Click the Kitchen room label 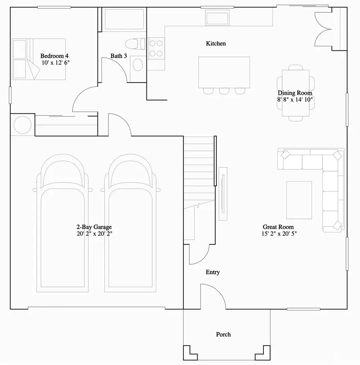tap(216, 43)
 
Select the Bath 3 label tap(119, 56)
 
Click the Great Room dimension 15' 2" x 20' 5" tap(278, 234)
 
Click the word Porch tap(223, 334)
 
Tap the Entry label tap(213, 272)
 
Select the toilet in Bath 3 tap(135, 43)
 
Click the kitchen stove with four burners tap(156, 48)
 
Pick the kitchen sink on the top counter tap(217, 18)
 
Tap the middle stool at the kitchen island tap(224, 91)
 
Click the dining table tap(296, 93)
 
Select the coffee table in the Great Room tap(299, 200)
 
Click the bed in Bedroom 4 tap(39, 59)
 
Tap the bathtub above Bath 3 tap(124, 19)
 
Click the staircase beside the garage tap(198, 172)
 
